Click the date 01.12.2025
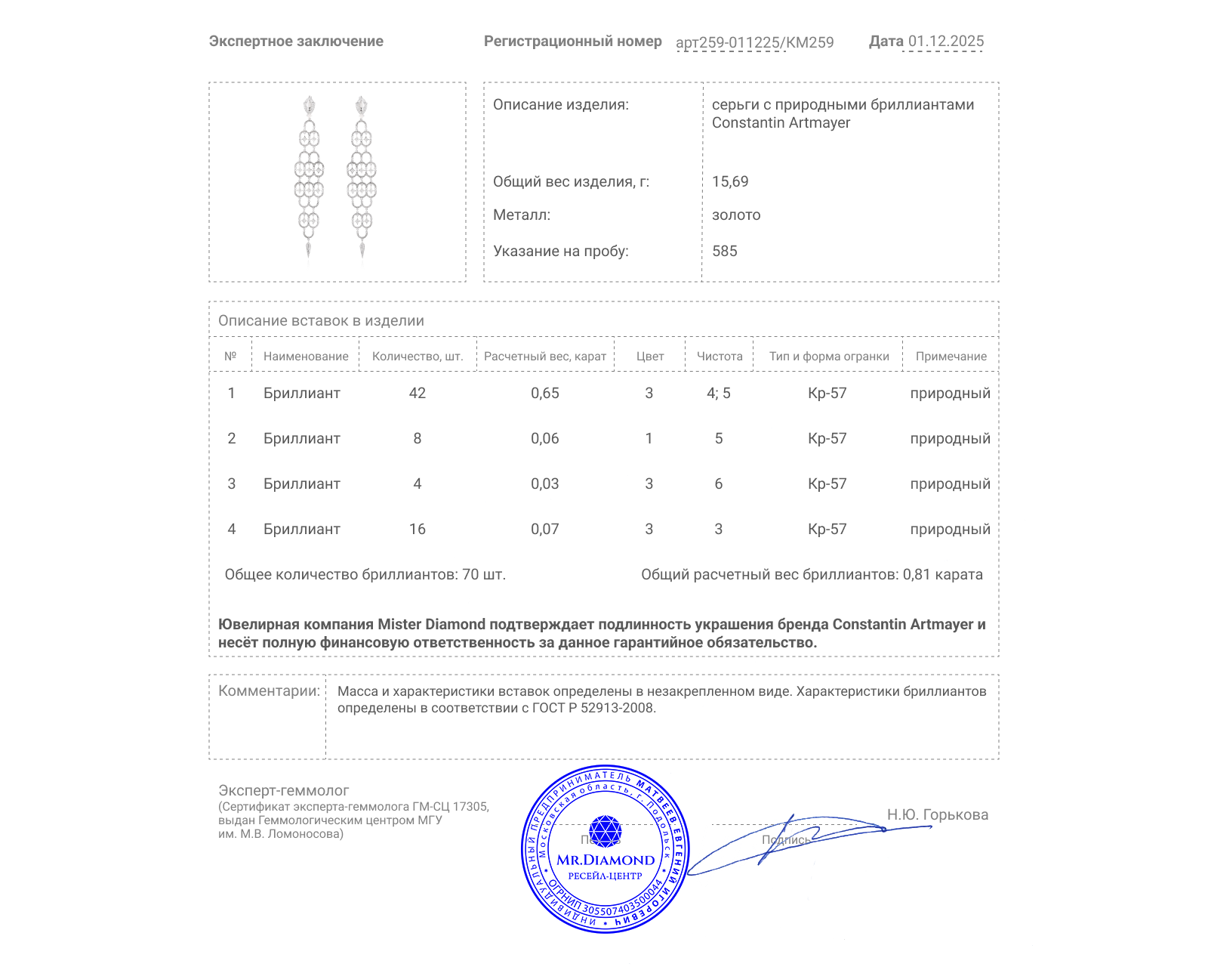click(x=946, y=42)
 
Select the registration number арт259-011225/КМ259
click(x=754, y=42)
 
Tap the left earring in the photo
click(x=309, y=178)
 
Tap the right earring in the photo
click(x=362, y=178)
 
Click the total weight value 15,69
click(x=730, y=182)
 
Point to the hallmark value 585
click(x=724, y=252)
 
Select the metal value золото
click(x=736, y=215)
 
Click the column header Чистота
click(x=720, y=357)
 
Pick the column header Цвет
click(x=649, y=357)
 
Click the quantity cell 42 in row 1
click(x=417, y=394)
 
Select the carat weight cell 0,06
click(x=544, y=439)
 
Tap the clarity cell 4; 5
click(x=718, y=394)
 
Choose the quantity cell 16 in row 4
click(x=417, y=530)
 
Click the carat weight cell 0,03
click(x=544, y=484)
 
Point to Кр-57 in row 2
click(x=827, y=439)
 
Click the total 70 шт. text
click(x=483, y=575)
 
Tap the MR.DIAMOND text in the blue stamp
click(x=606, y=860)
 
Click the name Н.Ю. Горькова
click(x=937, y=815)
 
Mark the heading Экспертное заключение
click(x=296, y=42)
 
